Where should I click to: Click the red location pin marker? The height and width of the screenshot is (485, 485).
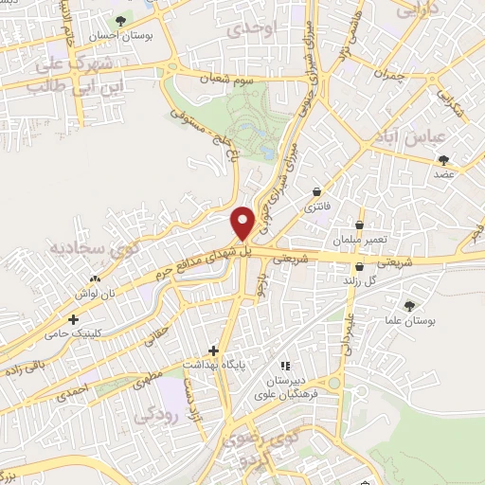243,222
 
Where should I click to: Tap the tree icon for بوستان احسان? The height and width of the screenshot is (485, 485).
121,20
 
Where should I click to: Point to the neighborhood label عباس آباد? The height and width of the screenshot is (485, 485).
437,137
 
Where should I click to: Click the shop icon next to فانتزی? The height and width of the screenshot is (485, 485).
316,191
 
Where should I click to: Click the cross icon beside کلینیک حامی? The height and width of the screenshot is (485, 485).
74,320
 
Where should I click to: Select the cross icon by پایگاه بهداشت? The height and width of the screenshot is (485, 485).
213,350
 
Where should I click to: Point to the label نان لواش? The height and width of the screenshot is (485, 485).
97,295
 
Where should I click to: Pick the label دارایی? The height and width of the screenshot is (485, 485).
419,12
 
